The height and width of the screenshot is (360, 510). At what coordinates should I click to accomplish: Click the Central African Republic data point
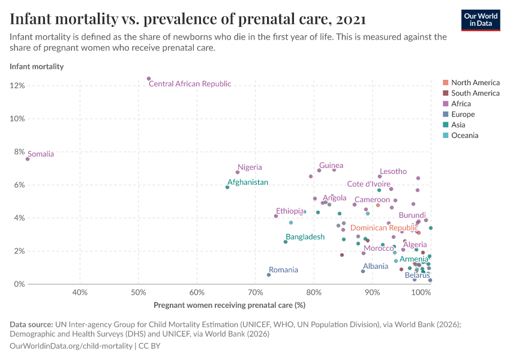coord(149,79)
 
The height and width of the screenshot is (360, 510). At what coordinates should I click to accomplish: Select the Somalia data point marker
coord(28,159)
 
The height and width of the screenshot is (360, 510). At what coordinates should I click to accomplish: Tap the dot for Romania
coord(269,275)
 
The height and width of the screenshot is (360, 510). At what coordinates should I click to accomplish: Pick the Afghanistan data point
coord(227,187)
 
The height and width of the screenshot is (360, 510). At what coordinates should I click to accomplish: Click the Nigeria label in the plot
coord(250,167)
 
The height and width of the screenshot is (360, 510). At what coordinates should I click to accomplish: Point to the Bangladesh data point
coord(286,242)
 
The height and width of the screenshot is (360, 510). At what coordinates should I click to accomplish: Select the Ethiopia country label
coord(290,211)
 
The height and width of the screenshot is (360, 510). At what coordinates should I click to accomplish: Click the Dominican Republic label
coord(384,228)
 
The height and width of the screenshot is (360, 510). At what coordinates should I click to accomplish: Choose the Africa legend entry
coord(463,104)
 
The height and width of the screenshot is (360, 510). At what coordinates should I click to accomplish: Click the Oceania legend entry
coord(464,136)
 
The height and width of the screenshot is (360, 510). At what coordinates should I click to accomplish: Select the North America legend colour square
coord(445,83)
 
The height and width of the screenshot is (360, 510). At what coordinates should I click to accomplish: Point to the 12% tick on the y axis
coord(17,86)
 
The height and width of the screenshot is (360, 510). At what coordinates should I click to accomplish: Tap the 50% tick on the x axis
coord(138,292)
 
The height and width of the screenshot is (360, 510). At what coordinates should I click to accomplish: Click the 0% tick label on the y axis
coord(19,284)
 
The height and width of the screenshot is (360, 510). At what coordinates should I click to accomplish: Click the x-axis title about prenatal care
coord(230,305)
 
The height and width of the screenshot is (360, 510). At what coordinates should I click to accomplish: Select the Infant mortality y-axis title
coord(37,67)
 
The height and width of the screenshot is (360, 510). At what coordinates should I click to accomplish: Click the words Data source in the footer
coord(31,325)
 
